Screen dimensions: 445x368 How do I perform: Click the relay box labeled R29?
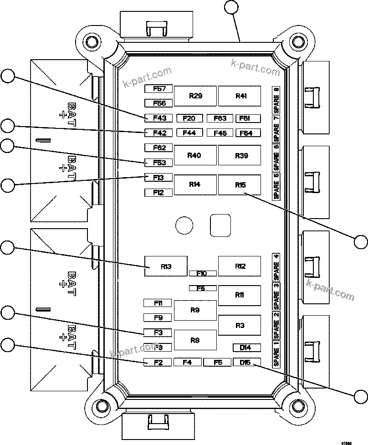(x=196, y=96)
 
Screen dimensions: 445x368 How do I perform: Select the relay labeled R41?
(x=240, y=96)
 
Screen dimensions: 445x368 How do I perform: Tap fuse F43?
(x=158, y=118)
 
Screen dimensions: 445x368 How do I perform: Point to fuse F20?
(x=189, y=118)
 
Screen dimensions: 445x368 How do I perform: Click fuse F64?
(x=247, y=133)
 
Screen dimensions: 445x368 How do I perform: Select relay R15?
(x=240, y=185)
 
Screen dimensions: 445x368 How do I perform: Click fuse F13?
(x=158, y=178)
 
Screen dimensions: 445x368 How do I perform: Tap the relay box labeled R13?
(x=166, y=266)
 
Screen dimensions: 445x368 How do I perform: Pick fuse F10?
(x=202, y=273)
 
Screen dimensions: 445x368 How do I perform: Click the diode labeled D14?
(x=247, y=348)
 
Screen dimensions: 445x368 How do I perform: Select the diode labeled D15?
(x=247, y=362)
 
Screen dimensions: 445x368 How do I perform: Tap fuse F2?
(x=158, y=363)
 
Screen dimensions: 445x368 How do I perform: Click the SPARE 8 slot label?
(x=276, y=100)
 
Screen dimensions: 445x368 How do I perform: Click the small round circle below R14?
(x=184, y=225)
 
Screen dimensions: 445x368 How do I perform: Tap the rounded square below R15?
(x=220, y=225)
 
